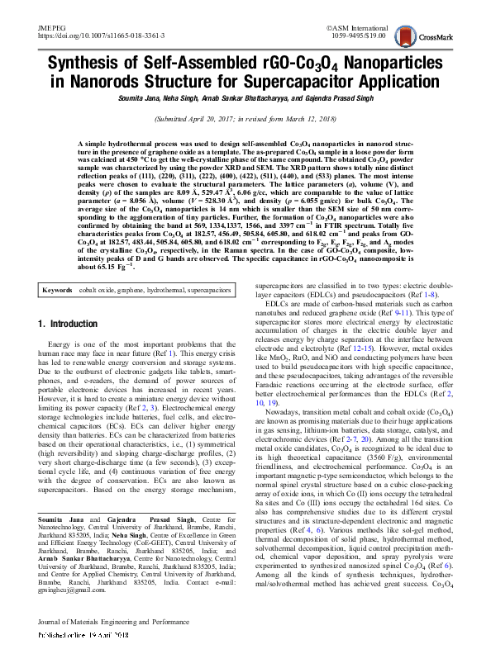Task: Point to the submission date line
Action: click(245, 119)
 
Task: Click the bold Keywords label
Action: click(58, 221)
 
